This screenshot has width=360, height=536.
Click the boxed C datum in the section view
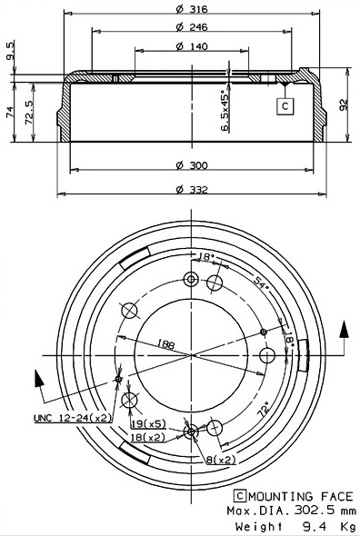pos(284,105)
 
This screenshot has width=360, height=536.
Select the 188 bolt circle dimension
pos(166,343)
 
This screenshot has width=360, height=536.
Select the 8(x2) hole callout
pos(220,460)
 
